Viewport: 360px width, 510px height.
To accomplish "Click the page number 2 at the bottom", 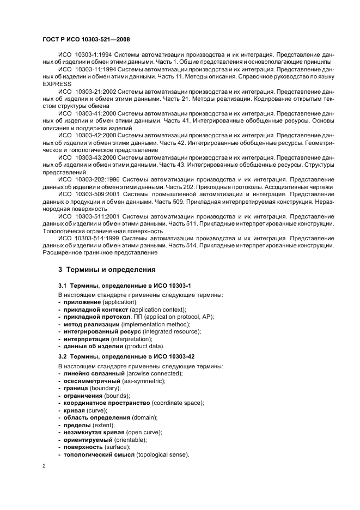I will pos(44,466).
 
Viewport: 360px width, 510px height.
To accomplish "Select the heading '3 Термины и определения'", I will pos(107,269).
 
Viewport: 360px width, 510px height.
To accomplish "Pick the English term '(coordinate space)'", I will pos(174,403).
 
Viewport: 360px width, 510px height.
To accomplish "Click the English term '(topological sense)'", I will pos(163,454).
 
